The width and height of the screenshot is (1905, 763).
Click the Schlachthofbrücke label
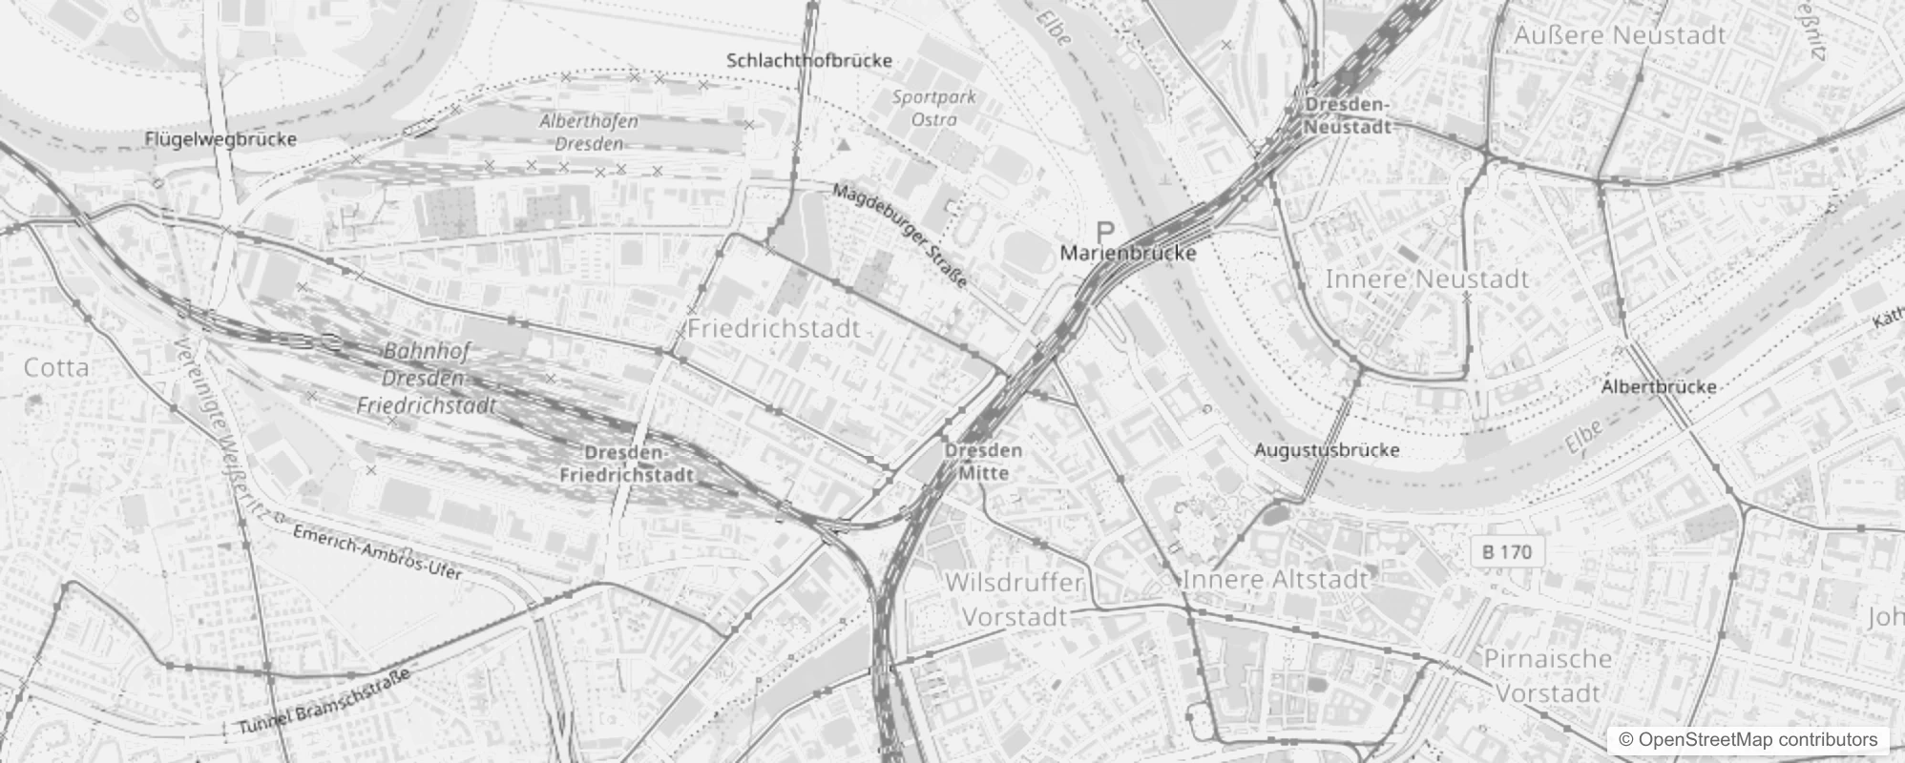809,60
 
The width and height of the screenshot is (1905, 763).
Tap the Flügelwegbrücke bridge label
220,139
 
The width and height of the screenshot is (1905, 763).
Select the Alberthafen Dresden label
589,133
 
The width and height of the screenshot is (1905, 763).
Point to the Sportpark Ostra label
934,108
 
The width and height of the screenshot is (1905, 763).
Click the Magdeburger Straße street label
900,235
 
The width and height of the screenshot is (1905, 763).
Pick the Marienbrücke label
1128,254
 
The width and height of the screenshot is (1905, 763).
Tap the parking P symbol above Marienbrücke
1105,231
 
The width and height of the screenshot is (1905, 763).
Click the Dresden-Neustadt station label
1347,115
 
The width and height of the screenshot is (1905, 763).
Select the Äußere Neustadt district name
1620,35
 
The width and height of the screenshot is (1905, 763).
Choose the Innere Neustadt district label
1427,278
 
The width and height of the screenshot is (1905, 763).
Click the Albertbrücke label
1659,387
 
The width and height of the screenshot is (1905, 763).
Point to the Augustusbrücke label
1327,450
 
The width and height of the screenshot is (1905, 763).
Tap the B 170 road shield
1508,551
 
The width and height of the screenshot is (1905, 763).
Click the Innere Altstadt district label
1275,579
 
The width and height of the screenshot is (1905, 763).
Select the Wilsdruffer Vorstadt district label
1015,599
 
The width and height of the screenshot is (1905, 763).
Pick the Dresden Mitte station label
983,461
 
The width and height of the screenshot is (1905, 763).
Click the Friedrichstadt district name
774,329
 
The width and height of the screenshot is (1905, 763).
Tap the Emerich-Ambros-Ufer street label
377,552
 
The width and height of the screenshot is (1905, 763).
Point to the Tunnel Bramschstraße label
324,702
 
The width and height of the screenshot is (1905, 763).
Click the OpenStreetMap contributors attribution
1748,739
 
